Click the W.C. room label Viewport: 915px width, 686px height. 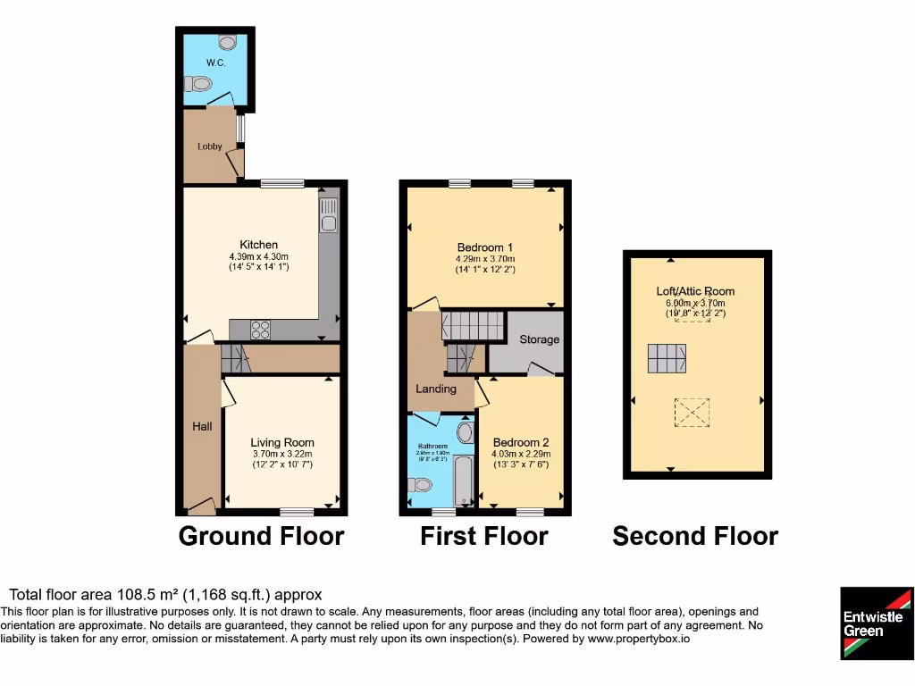tap(214, 63)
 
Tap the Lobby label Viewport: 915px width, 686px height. tap(210, 146)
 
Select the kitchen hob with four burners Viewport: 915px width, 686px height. tap(260, 330)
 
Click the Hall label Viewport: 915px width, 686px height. tap(203, 427)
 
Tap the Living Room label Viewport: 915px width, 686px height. tap(281, 442)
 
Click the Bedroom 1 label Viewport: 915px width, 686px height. tap(485, 247)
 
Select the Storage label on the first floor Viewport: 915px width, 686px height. tap(540, 339)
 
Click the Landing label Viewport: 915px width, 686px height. tap(437, 389)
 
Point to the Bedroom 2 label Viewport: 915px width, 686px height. tap(521, 442)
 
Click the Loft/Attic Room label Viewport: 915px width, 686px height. tap(695, 291)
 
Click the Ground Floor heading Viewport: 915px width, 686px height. tap(261, 536)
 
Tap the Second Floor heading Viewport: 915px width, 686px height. tap(695, 536)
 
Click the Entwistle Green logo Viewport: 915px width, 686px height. tap(877, 623)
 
